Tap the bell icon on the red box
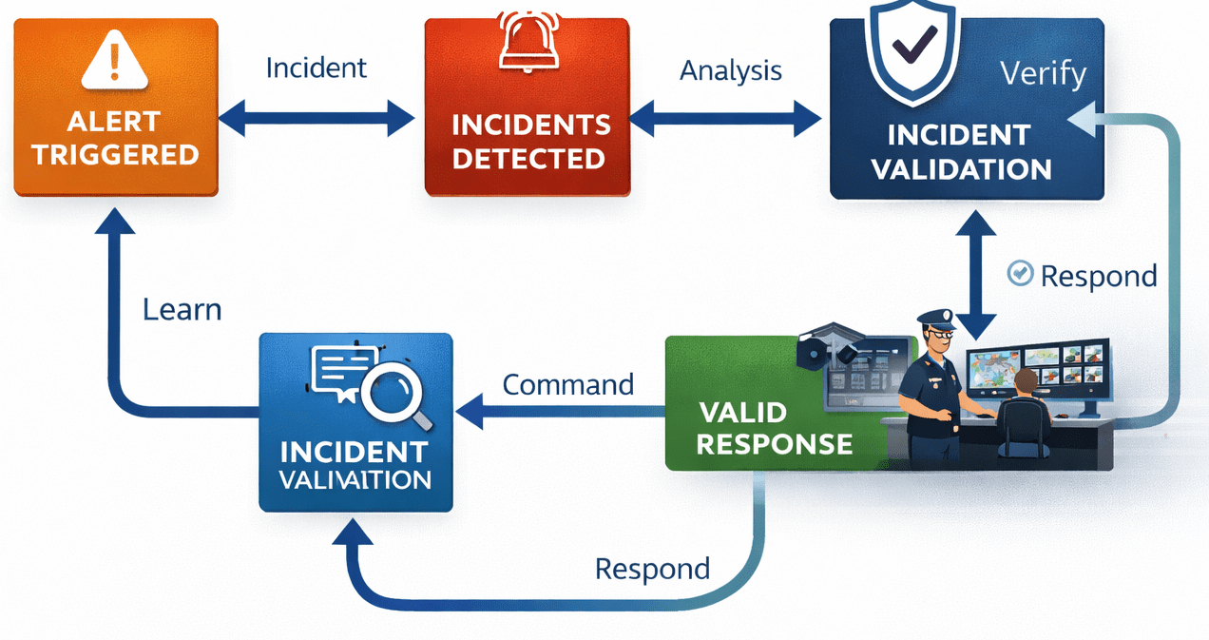point(528,43)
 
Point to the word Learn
point(182,310)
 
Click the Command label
point(567,385)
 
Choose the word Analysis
point(731,70)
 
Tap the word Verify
point(1044,74)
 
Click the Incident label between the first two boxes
point(316,68)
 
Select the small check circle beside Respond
point(1020,274)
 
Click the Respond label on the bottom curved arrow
point(652,569)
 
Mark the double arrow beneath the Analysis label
point(725,119)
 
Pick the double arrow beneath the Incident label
point(317,119)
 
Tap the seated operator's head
point(1026,381)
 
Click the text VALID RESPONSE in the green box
point(774,428)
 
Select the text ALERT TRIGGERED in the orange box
point(115,138)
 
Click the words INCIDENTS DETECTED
point(529,141)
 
